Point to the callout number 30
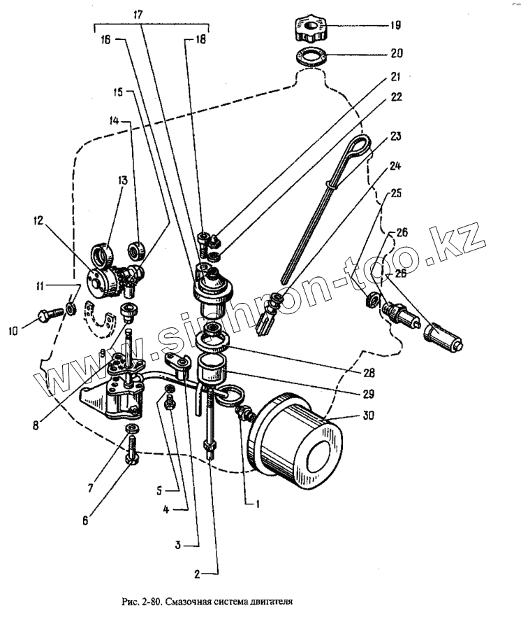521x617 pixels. click(367, 415)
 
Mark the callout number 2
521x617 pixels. click(198, 574)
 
